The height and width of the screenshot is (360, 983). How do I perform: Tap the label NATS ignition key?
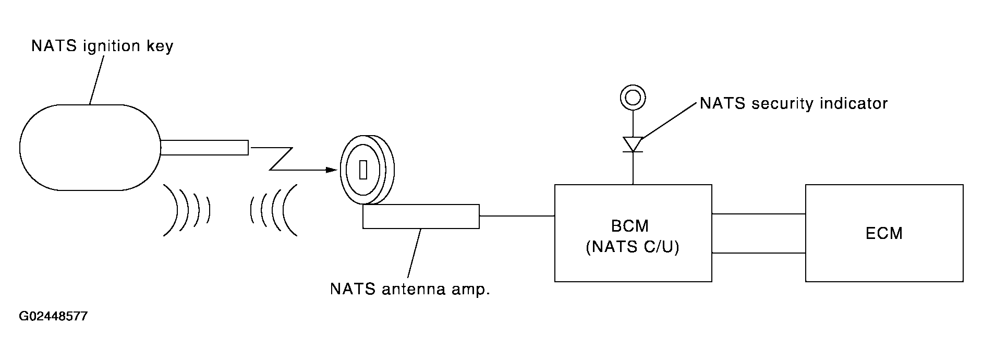[102, 46]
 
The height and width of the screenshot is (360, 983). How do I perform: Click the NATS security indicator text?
[793, 103]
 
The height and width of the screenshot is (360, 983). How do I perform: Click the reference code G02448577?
[53, 317]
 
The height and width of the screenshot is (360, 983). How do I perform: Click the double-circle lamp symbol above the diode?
[633, 97]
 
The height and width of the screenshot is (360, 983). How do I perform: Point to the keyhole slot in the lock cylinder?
[363, 170]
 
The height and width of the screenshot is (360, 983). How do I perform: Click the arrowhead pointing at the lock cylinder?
[331, 170]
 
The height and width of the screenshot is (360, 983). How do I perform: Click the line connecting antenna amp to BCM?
[517, 215]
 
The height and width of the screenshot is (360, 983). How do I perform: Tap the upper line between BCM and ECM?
[759, 214]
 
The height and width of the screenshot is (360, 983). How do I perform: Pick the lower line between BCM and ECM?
[759, 253]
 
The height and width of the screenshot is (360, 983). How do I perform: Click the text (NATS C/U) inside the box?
[633, 247]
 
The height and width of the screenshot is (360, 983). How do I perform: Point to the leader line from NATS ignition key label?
[96, 80]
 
